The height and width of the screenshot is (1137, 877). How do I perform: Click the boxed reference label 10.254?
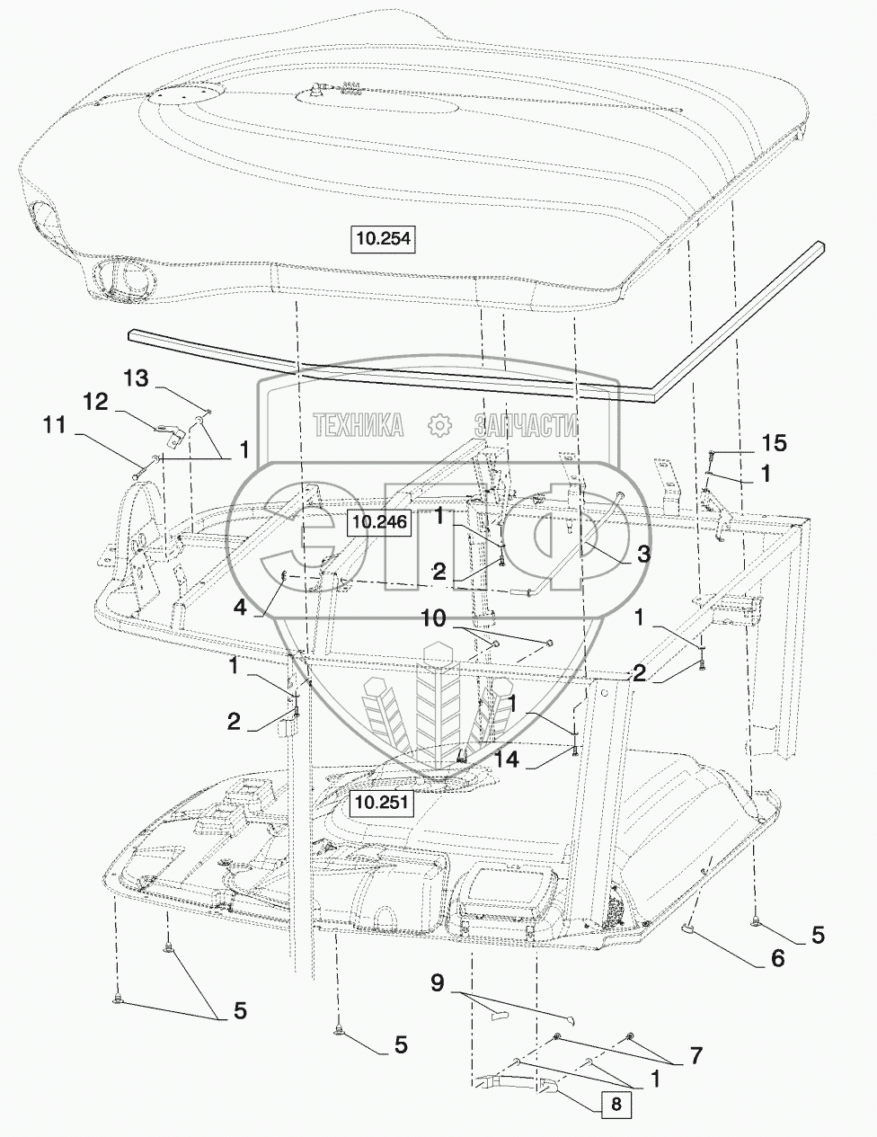point(384,238)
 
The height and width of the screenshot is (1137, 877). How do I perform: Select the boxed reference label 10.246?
point(380,521)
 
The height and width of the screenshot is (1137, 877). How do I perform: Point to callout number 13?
point(136,378)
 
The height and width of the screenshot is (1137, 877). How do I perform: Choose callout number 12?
point(96,402)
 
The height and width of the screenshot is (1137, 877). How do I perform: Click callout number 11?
point(55,425)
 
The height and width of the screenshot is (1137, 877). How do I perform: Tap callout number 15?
point(775,443)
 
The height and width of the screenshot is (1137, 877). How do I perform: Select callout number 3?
point(642,554)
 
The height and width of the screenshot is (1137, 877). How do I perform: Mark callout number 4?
point(240,608)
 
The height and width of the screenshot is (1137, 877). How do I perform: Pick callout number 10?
point(433,618)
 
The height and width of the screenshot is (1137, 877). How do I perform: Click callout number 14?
point(507,760)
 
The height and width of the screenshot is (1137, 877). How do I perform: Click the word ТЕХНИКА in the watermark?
point(359,424)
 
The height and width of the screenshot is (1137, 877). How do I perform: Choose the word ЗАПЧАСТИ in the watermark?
point(526,424)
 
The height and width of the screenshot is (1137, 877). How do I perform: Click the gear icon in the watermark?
point(439,425)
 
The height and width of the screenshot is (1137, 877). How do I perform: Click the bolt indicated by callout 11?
point(145,467)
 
